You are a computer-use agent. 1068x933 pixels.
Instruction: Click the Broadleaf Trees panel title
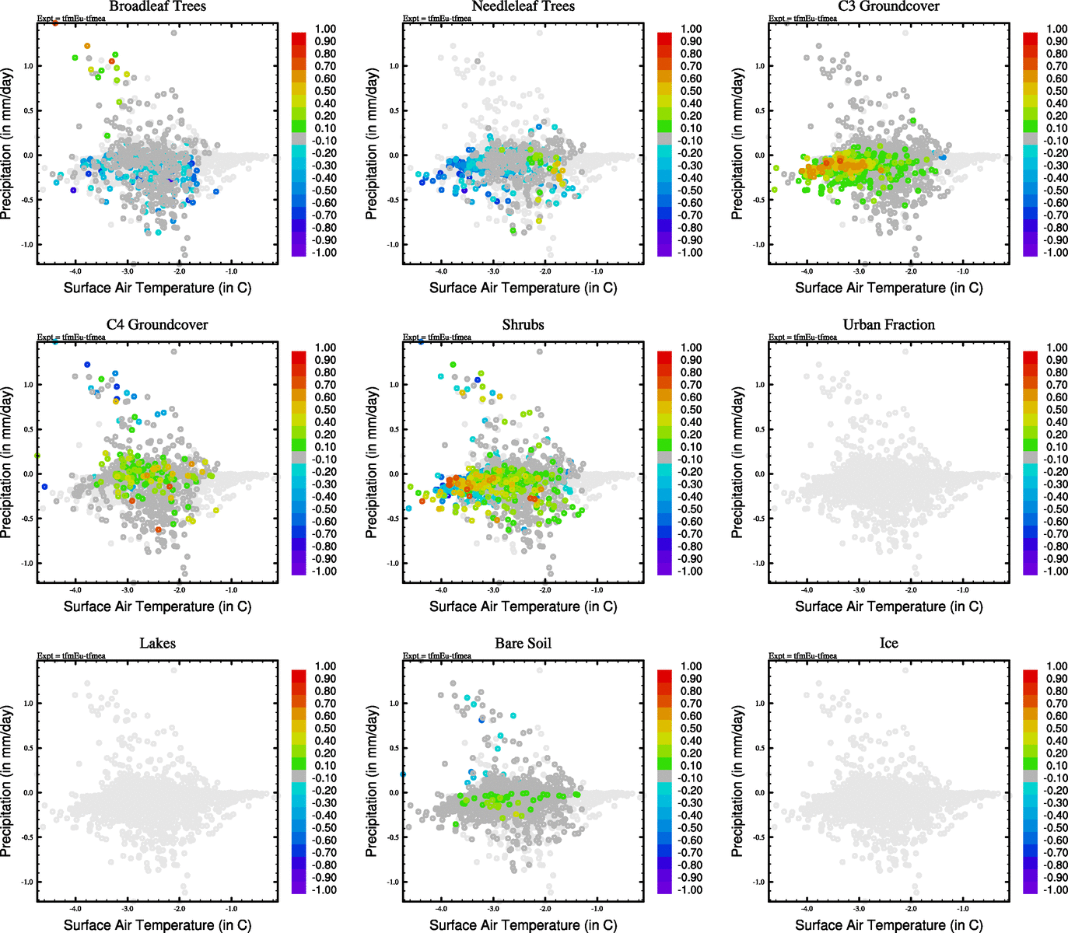(157, 6)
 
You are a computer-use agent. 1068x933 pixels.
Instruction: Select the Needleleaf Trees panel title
(523, 6)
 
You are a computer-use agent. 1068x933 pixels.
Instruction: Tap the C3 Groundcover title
(888, 6)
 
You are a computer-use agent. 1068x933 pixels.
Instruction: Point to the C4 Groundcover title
(157, 325)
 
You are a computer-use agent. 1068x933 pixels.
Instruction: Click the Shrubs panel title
(523, 325)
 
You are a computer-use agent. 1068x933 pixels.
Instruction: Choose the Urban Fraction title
(888, 325)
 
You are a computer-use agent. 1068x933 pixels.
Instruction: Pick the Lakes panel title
(157, 644)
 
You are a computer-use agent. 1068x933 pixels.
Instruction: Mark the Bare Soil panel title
(523, 644)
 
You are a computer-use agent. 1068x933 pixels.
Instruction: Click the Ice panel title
(888, 644)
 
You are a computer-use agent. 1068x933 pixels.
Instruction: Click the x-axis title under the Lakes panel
(157, 925)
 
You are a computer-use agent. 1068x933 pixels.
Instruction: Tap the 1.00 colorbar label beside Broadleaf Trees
(325, 29)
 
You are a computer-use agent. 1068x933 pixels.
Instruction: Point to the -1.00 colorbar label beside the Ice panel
(1056, 890)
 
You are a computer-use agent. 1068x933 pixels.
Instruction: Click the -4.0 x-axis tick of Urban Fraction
(807, 590)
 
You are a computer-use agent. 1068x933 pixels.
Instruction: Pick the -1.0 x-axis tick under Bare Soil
(597, 909)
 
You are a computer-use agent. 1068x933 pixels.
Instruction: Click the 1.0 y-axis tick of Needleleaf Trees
(394, 66)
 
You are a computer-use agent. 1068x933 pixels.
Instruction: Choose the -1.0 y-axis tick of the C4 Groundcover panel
(28, 564)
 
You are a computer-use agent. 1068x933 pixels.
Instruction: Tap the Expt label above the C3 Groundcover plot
(803, 19)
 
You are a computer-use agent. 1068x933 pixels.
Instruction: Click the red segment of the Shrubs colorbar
(665, 357)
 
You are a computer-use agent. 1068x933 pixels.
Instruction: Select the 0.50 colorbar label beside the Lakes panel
(325, 729)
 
